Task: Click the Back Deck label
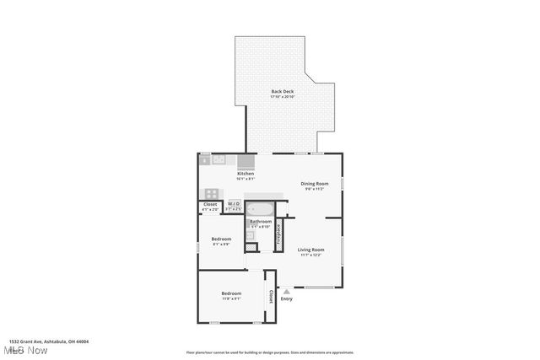click(282, 91)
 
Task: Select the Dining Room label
click(315, 183)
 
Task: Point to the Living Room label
click(311, 249)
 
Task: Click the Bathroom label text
click(260, 221)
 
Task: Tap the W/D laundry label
click(234, 203)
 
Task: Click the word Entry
click(287, 299)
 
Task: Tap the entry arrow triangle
click(287, 291)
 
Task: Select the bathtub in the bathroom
click(262, 207)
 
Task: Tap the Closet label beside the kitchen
click(210, 204)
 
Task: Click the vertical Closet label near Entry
click(270, 297)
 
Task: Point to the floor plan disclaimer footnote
click(269, 352)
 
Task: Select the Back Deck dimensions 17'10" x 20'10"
click(282, 97)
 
